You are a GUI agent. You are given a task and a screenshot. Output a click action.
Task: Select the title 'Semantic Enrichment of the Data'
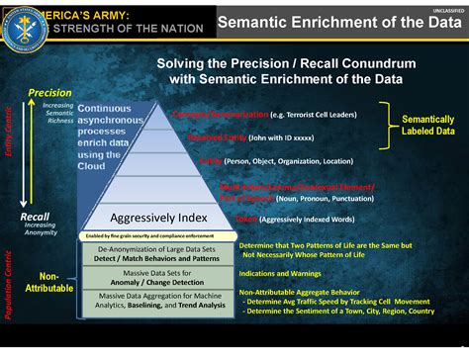[326, 23]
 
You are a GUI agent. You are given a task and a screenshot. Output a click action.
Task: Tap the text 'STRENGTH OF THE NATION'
[112, 29]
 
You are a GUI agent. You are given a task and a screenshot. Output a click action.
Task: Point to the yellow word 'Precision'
[49, 93]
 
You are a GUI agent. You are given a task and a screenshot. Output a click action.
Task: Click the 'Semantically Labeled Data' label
[428, 124]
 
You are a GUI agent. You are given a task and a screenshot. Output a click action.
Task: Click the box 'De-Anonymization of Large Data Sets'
[157, 255]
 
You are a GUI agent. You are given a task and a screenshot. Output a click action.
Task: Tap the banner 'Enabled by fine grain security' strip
[158, 236]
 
